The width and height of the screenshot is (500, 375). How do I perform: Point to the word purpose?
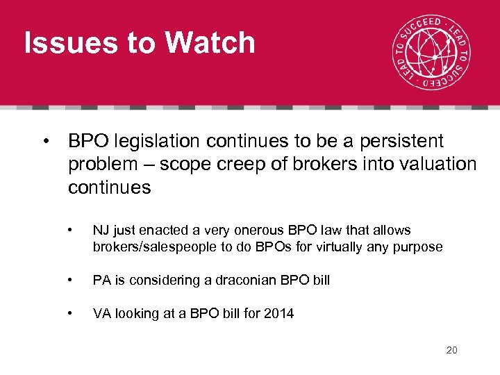pyautogui.click(x=418, y=247)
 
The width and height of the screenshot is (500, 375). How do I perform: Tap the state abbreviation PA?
pyautogui.click(x=102, y=280)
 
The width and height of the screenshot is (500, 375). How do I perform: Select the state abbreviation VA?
pyautogui.click(x=102, y=314)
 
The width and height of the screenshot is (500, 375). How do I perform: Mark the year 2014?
pyautogui.click(x=279, y=314)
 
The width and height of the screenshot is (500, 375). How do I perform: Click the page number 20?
pyautogui.click(x=451, y=350)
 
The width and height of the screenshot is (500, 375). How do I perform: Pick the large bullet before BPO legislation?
pyautogui.click(x=44, y=142)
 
